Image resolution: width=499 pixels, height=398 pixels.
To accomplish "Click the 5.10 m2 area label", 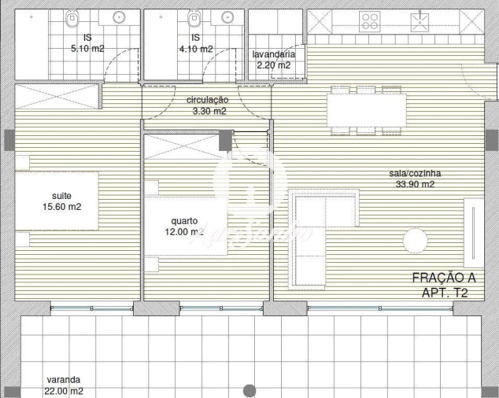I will click(87, 49).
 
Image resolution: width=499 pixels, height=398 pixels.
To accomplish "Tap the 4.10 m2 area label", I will click(195, 49).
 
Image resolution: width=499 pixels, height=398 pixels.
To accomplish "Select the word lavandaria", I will click(273, 54).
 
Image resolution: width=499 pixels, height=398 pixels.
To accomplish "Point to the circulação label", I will click(208, 100).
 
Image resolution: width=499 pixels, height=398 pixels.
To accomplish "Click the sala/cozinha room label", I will click(416, 174).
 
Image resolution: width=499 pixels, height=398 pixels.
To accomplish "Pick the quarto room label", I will click(187, 221).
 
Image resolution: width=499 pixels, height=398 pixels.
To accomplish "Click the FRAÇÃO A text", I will click(445, 278).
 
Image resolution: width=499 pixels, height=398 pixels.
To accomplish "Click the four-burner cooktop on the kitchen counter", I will click(369, 20).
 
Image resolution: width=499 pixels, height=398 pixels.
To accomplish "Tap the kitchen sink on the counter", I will click(423, 20).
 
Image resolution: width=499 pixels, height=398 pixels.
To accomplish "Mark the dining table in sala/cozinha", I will click(368, 109).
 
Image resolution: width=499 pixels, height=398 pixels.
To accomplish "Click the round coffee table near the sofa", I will click(415, 238).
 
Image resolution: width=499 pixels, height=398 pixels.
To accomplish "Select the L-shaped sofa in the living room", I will click(315, 228).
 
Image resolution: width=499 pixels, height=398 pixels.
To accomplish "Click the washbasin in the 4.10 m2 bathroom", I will click(228, 17).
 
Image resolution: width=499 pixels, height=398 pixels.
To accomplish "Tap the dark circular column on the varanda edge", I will click(249, 390).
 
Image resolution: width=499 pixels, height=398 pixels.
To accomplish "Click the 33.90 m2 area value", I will click(416, 185).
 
